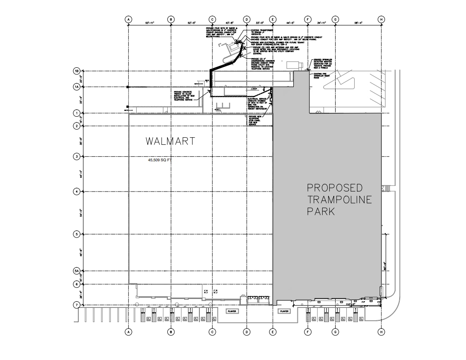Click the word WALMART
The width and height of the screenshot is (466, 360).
[x=170, y=142]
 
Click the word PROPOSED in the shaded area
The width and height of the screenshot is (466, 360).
[x=335, y=187]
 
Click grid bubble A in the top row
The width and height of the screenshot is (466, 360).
[x=129, y=20]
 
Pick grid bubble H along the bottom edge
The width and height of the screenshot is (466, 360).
[x=381, y=332]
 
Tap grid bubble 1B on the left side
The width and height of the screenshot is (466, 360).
[x=77, y=71]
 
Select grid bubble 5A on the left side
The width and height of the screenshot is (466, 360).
[x=77, y=271]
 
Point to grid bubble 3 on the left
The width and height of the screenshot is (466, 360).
[x=77, y=157]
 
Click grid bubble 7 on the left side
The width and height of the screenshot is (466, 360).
[x=77, y=305]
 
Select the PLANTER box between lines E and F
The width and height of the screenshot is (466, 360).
[x=284, y=311]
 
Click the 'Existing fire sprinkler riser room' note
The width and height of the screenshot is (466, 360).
[x=323, y=75]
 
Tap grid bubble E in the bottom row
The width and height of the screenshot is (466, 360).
[x=273, y=332]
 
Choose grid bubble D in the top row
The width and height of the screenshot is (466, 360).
[x=246, y=20]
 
